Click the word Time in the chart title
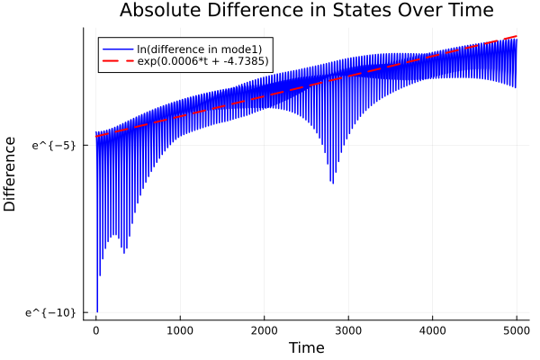click(465, 12)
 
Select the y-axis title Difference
click(11, 174)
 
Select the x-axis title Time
click(307, 346)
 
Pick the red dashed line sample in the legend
click(115, 61)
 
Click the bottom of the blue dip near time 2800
click(333, 183)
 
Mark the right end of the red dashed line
click(517, 36)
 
